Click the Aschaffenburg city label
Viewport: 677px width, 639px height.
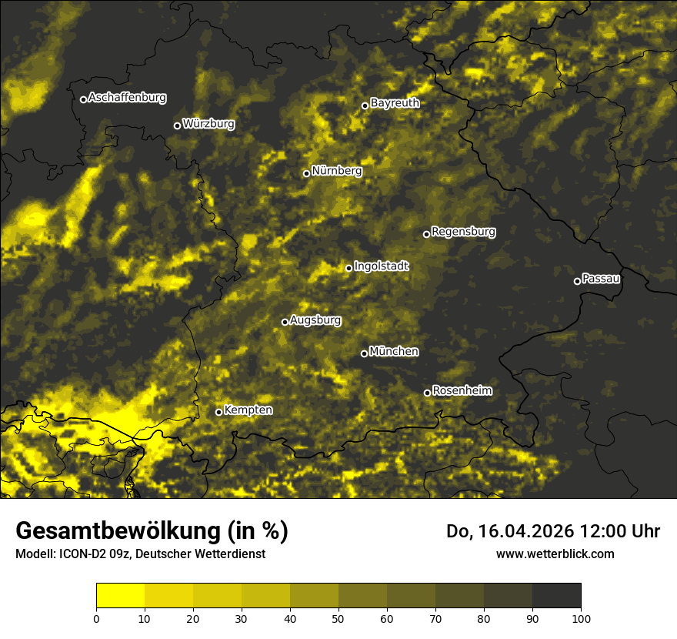click(x=127, y=98)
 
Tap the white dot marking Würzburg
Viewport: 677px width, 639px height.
click(x=177, y=125)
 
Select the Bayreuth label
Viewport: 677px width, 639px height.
click(x=395, y=102)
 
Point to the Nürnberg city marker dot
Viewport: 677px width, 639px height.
click(x=306, y=173)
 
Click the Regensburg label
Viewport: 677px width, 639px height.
click(x=463, y=231)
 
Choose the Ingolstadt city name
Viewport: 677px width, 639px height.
click(x=382, y=266)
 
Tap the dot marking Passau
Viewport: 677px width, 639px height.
click(x=577, y=281)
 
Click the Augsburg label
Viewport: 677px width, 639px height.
click(x=315, y=319)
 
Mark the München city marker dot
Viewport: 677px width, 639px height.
click(x=364, y=354)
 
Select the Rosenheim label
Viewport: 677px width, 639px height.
click(x=462, y=390)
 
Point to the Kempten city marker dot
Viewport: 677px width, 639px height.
click(x=218, y=412)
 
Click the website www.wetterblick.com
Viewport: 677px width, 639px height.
click(x=555, y=554)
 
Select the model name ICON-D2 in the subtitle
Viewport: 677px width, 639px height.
click(x=81, y=554)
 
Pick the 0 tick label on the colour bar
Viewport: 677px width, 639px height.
click(x=96, y=618)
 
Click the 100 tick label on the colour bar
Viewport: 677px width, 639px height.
click(x=581, y=618)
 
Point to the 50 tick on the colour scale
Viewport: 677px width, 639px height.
click(x=338, y=618)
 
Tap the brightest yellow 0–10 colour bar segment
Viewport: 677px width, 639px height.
click(x=120, y=596)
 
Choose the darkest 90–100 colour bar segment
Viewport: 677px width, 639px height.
click(x=556, y=596)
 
